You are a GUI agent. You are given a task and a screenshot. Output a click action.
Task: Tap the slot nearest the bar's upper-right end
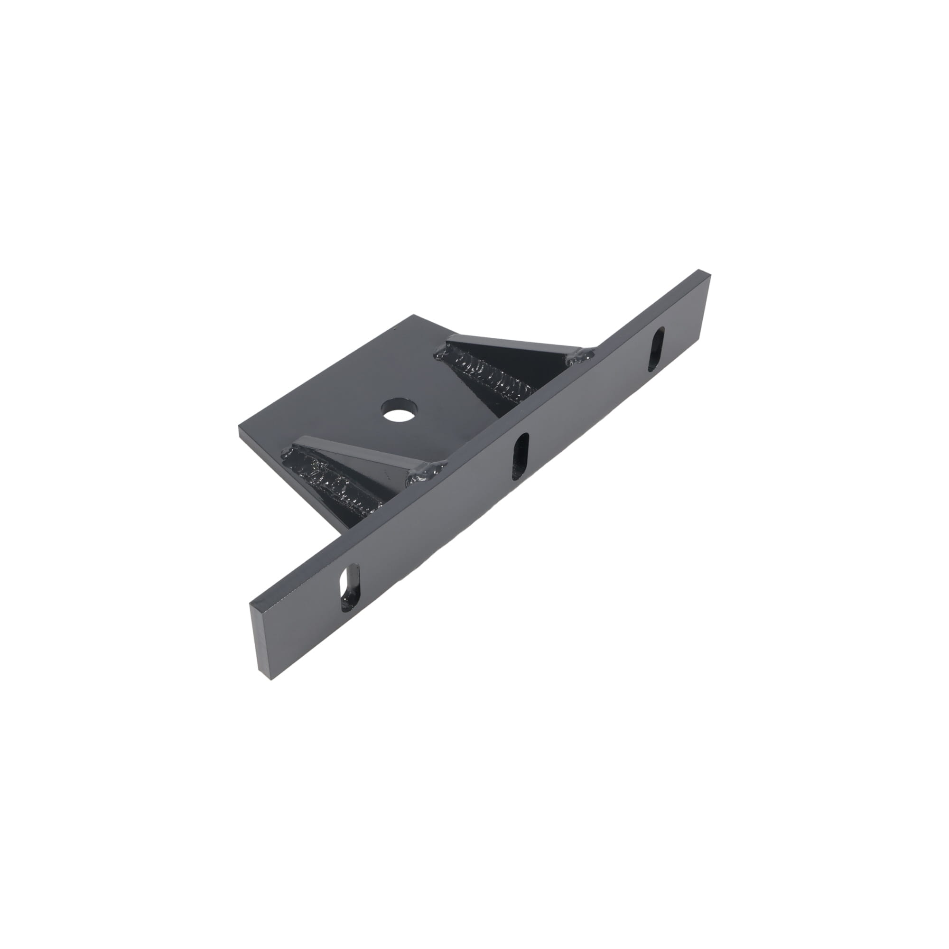[657, 350]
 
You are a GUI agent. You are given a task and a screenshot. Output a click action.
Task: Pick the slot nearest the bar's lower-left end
[350, 588]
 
